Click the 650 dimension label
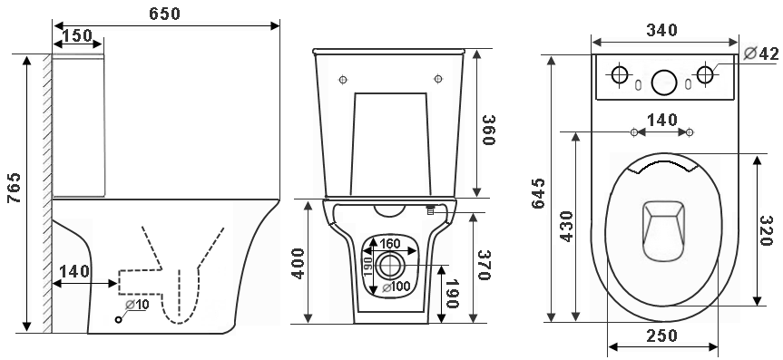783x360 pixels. coord(164,14)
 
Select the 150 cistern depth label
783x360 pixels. coord(78,36)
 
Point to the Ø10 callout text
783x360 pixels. coord(137,304)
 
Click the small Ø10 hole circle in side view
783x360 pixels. coord(118,319)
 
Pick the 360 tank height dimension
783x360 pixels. coord(488,130)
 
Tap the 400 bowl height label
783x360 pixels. coord(299,263)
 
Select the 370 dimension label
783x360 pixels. coord(484,265)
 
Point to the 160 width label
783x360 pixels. coord(390,244)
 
